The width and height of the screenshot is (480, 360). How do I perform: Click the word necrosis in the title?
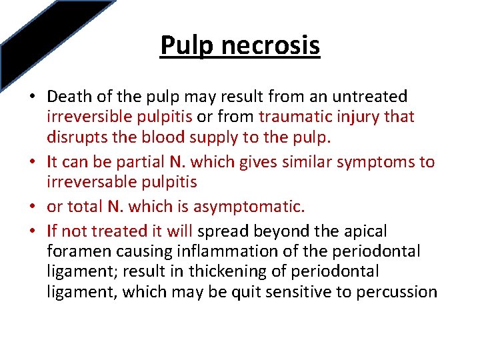[x=269, y=45]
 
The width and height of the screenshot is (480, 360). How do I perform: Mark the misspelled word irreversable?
[x=90, y=181]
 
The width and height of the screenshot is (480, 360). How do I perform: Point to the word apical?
[x=365, y=231]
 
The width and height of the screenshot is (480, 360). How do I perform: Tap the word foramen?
[x=75, y=251]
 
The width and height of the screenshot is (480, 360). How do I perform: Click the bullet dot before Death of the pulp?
[x=32, y=97]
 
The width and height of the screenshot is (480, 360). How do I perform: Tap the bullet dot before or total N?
[x=32, y=207]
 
